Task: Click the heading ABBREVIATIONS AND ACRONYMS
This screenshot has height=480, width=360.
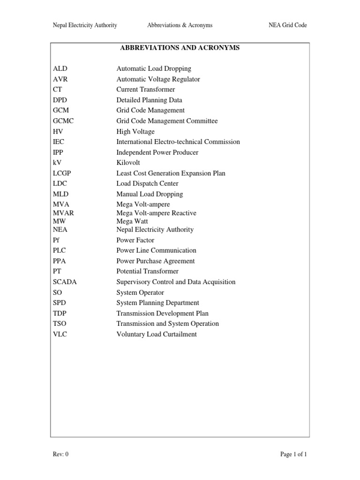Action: click(x=180, y=48)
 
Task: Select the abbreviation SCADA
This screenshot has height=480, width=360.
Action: click(x=65, y=282)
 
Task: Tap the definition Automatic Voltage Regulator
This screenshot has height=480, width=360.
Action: click(x=158, y=79)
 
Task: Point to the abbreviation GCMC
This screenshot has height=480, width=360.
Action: click(x=63, y=121)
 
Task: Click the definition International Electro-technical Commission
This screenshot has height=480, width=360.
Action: click(x=178, y=142)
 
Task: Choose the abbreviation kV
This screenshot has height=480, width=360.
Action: click(x=58, y=163)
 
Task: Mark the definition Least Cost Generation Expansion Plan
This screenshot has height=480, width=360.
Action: click(x=171, y=173)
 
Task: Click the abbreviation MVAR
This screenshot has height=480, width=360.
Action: click(x=63, y=213)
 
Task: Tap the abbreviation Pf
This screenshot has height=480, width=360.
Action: click(x=57, y=240)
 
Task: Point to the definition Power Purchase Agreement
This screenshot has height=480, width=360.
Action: click(x=156, y=261)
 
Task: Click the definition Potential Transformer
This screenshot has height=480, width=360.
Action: click(x=147, y=271)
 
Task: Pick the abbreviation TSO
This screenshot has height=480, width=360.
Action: click(x=60, y=324)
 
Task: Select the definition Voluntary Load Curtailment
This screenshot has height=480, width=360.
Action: click(x=157, y=334)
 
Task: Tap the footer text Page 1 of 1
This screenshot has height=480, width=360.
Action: click(x=293, y=454)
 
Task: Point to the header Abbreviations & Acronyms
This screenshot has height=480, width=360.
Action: click(x=180, y=25)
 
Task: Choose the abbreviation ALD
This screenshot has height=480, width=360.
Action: click(x=60, y=69)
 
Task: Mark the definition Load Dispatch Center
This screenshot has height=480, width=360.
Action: click(x=147, y=184)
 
